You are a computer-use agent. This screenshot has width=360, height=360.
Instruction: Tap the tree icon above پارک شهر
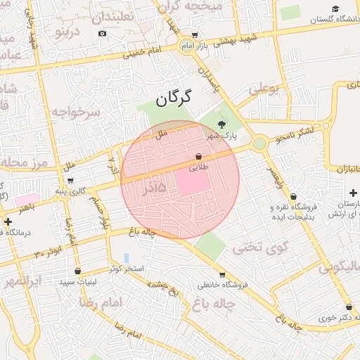(222, 124)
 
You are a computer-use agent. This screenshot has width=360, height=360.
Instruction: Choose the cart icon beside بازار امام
(195, 34)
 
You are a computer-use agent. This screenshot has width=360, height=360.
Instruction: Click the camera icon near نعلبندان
(103, 33)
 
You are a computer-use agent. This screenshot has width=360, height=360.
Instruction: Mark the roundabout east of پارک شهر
(259, 143)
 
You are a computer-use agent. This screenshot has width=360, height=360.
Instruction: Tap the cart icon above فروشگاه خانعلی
(222, 275)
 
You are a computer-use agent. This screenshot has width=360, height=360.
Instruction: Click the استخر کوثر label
(127, 269)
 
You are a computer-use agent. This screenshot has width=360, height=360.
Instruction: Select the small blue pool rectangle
(127, 258)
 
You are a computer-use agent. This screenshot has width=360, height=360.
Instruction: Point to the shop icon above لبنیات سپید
(77, 271)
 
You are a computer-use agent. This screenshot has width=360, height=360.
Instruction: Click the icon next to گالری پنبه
(70, 181)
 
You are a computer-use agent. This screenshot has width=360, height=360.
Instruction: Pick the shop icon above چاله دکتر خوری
(349, 307)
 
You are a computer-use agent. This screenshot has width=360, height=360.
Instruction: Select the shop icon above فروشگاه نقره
(293, 197)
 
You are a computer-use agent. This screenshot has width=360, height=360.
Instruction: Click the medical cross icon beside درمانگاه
(7, 222)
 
